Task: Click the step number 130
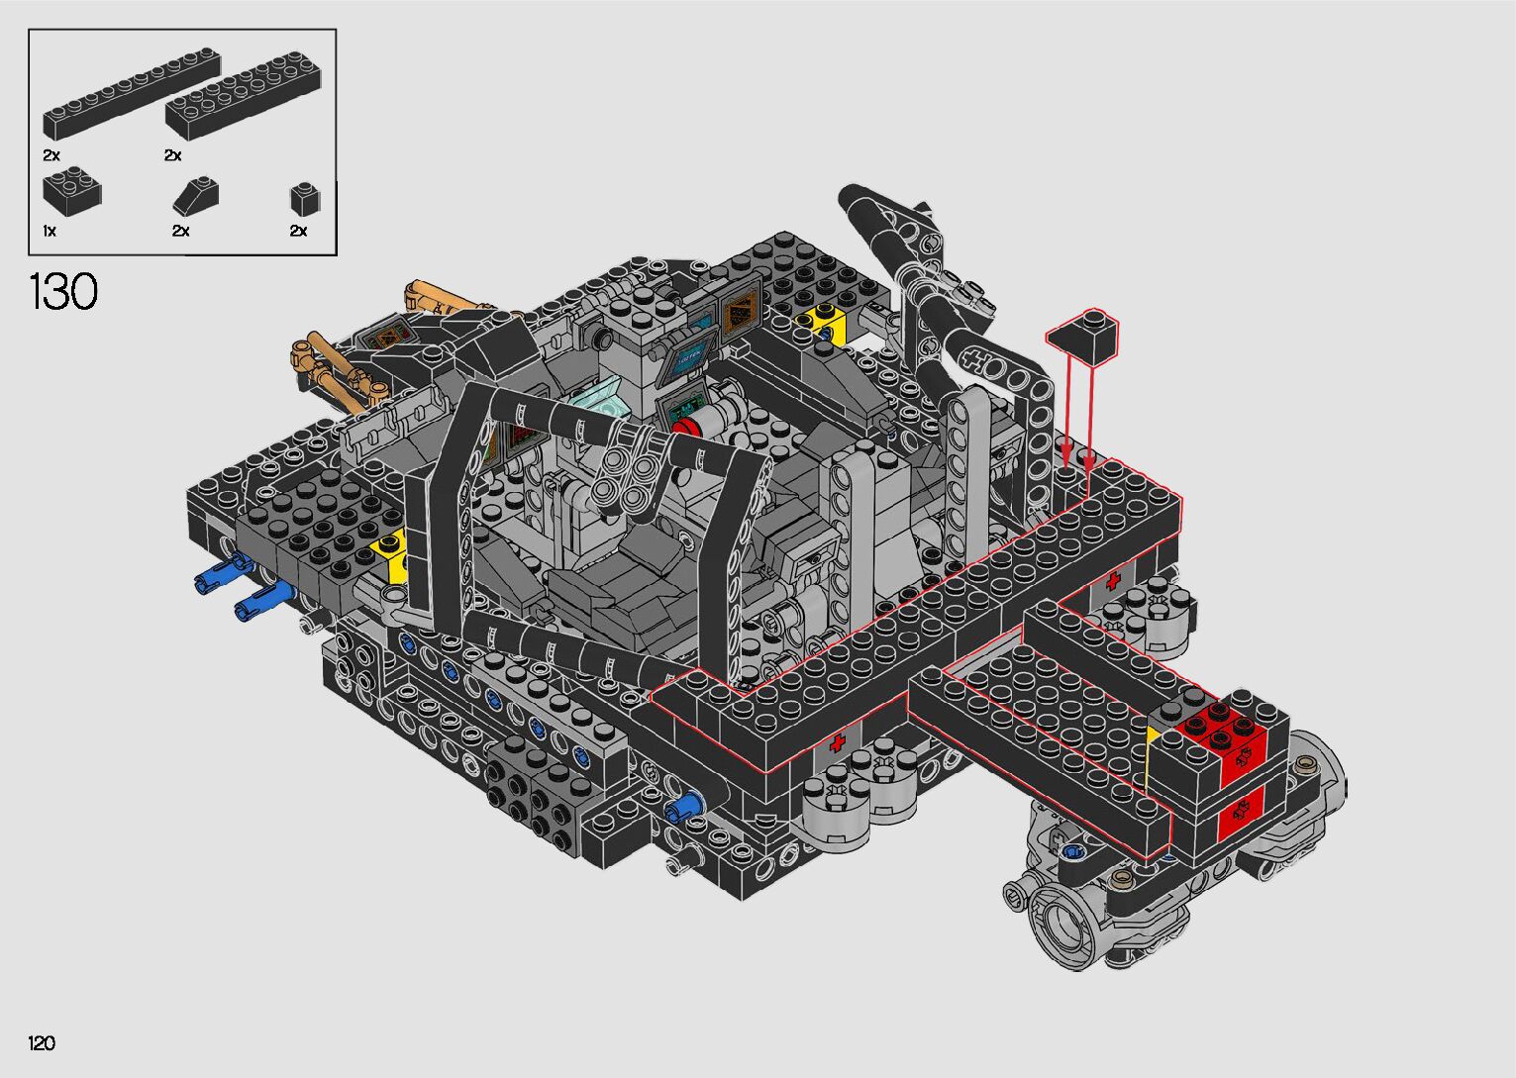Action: point(63,292)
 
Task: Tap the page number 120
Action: point(42,1042)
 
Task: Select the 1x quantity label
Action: point(50,231)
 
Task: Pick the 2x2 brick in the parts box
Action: point(71,190)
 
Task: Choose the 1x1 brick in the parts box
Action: point(305,198)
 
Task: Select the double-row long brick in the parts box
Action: point(244,95)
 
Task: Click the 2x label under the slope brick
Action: point(180,231)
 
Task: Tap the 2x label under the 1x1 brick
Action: point(298,231)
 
